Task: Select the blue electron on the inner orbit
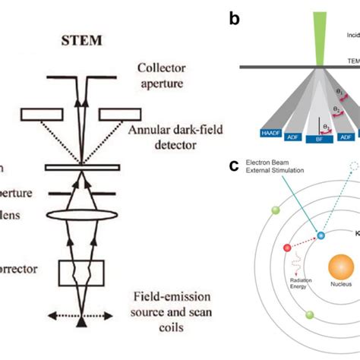click(x=321, y=236)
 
